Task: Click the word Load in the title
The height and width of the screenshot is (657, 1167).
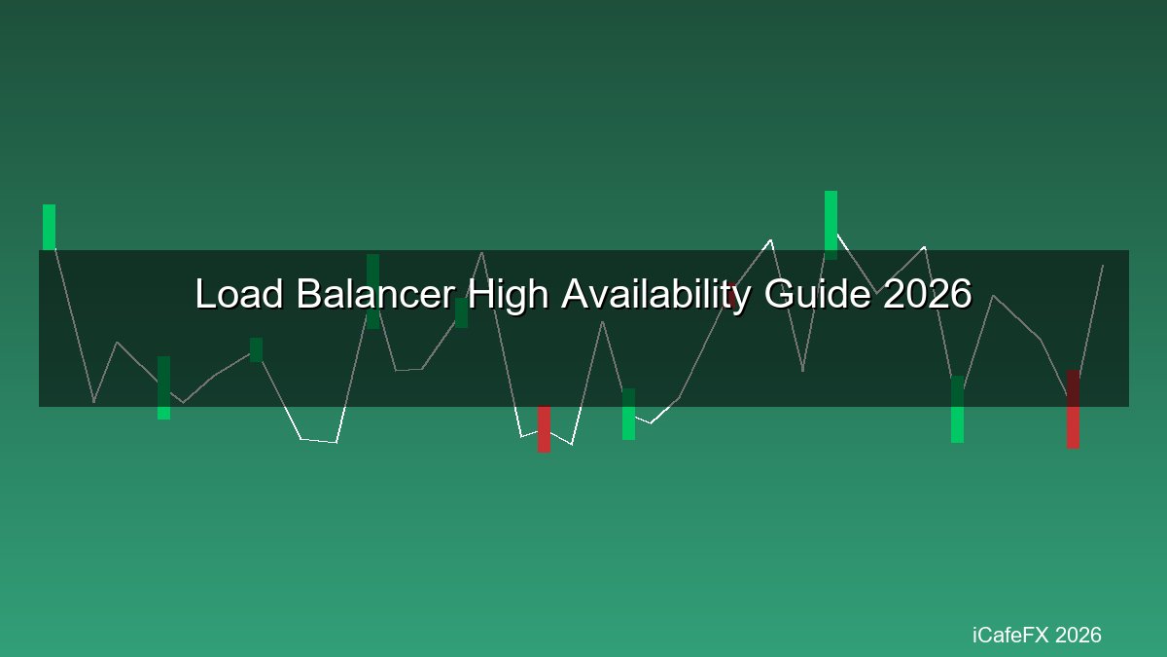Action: coord(239,294)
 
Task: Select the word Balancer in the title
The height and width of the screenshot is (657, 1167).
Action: coord(375,294)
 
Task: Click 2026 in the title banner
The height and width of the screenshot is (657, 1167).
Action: coord(928,294)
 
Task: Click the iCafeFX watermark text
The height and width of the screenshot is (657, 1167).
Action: coord(1010,635)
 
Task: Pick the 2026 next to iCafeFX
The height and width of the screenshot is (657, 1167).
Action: coord(1079,635)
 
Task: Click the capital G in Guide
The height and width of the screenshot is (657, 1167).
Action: coord(778,294)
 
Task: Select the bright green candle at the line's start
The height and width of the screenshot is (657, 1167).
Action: coord(49,227)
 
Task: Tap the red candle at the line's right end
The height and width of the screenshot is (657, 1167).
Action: coord(1073,410)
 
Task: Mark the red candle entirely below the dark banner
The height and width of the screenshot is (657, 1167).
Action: coord(544,429)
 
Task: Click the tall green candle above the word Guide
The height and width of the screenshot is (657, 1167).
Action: coord(831,225)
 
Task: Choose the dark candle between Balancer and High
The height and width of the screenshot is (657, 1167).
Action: coord(461,312)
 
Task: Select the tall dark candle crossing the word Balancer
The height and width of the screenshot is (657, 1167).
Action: coord(373,291)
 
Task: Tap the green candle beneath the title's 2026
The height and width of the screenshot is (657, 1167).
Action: coord(957,410)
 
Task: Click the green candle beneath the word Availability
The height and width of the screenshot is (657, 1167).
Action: coord(629,414)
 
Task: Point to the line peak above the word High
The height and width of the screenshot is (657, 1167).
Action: coord(482,253)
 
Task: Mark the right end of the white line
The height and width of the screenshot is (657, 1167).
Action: coord(1103,266)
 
